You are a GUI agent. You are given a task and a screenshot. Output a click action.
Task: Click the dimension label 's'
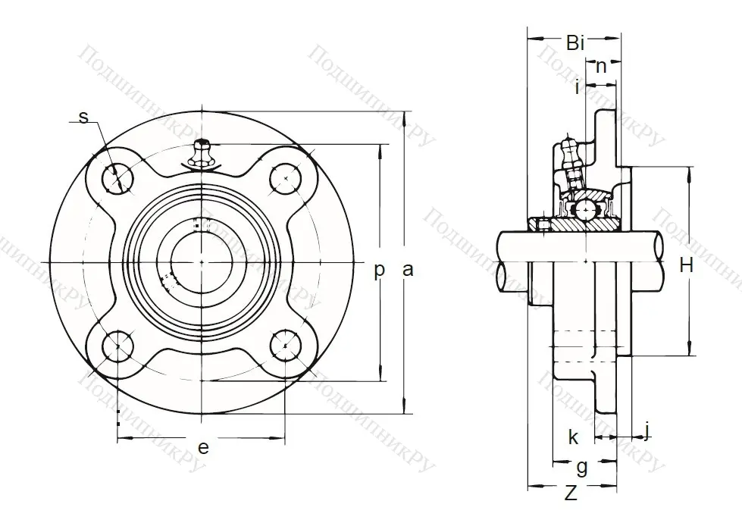pyautogui.click(x=83, y=117)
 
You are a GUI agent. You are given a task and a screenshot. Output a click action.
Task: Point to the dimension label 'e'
pyautogui.click(x=202, y=447)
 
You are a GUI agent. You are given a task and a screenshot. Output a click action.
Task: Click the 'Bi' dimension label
pyautogui.click(x=575, y=43)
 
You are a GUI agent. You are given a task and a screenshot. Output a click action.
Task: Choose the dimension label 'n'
pyautogui.click(x=601, y=66)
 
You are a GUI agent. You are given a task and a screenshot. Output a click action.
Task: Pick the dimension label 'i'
pyautogui.click(x=578, y=87)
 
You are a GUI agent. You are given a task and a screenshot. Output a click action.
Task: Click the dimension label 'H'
pyautogui.click(x=687, y=265)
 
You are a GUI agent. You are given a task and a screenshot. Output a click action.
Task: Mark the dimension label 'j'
pyautogui.click(x=646, y=430)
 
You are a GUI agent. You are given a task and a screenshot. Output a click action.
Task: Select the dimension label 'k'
pyautogui.click(x=573, y=437)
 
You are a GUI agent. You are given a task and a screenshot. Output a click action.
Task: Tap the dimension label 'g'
pyautogui.click(x=581, y=465)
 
